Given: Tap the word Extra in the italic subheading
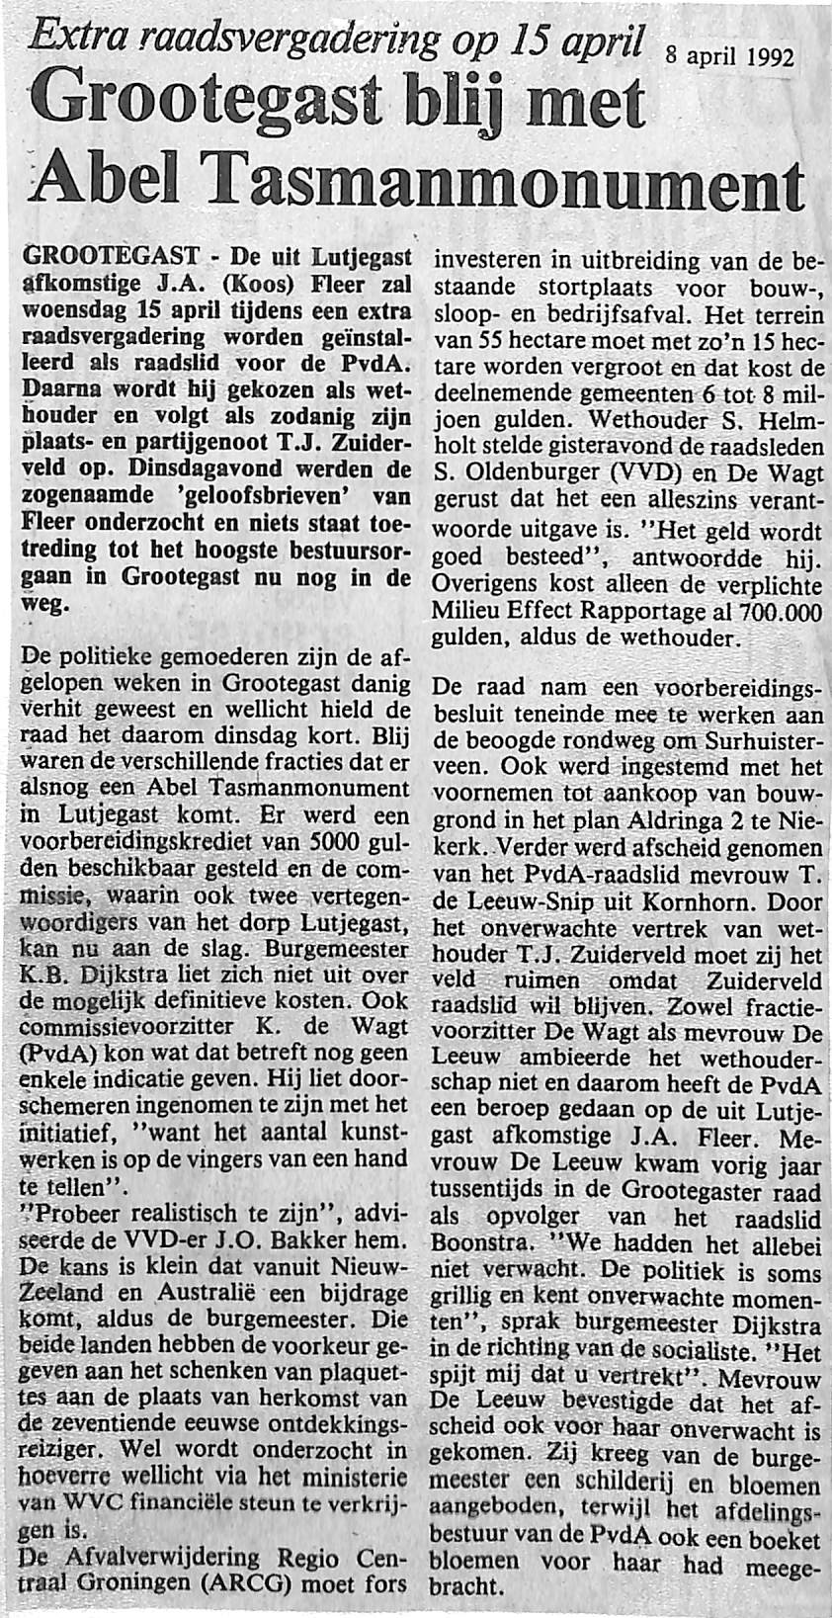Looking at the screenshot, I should click(x=76, y=40).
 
